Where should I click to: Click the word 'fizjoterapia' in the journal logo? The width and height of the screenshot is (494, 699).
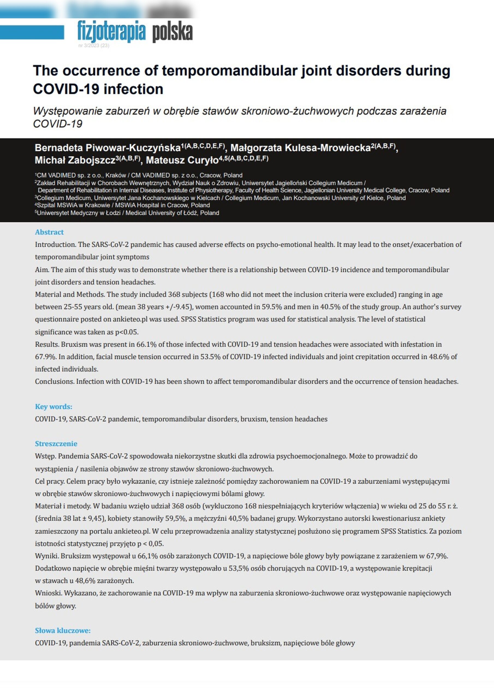click(111, 31)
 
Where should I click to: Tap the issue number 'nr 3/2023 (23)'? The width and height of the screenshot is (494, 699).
click(94, 46)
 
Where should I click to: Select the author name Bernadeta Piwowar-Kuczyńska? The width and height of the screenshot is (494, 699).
click(108, 148)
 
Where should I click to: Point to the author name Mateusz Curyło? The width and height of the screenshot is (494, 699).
click(182, 160)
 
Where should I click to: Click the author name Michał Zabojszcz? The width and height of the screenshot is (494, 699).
click(75, 160)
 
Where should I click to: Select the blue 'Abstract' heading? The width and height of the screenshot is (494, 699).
click(49, 232)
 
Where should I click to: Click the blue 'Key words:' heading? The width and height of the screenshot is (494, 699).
click(53, 407)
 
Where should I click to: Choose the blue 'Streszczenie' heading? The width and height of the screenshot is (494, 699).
click(56, 444)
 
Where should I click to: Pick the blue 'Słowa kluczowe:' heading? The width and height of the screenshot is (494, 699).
click(63, 630)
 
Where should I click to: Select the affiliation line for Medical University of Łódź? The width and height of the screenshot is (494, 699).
click(127, 213)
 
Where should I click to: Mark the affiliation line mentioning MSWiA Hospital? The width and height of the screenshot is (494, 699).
click(122, 205)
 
